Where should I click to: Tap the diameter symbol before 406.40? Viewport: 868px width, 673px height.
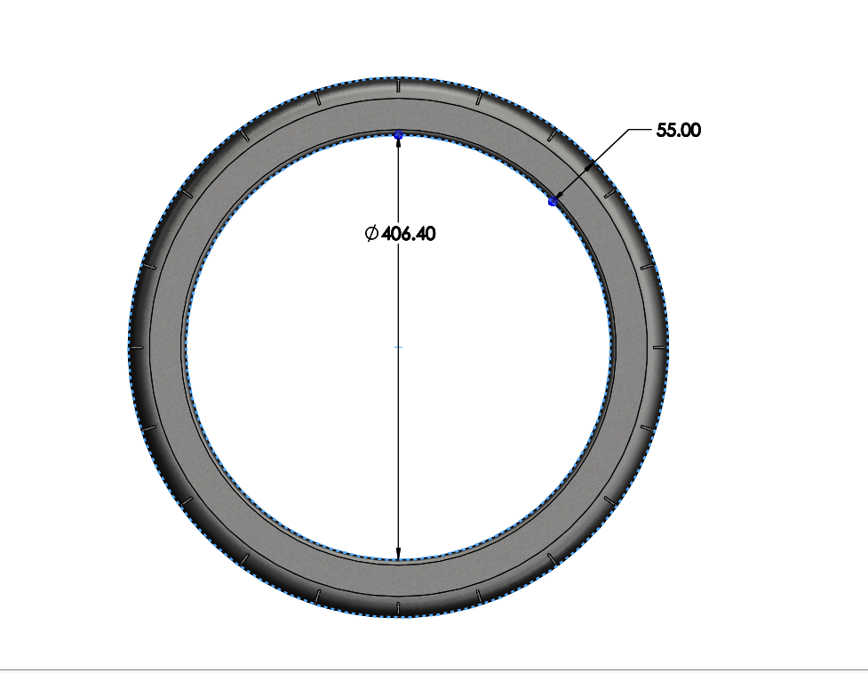371,234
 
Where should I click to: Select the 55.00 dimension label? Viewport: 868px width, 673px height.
679,130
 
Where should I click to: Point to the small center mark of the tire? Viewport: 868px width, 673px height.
398,347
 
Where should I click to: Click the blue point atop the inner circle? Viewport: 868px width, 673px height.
398,134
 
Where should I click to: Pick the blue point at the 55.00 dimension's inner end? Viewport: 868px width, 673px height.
553,203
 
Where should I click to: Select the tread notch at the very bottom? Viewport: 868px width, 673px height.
398,608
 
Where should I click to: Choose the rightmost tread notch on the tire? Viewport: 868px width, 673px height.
658,347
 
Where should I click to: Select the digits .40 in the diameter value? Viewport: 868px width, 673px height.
423,234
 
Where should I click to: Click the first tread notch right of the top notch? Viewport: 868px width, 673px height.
478,99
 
